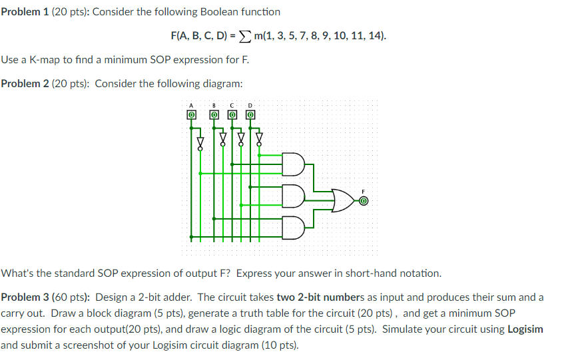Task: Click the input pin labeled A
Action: (191, 114)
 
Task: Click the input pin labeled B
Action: (214, 114)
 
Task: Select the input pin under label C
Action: (232, 114)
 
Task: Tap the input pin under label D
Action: (250, 114)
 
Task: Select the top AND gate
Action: (294, 163)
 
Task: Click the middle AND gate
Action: (294, 195)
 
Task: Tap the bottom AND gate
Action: (294, 227)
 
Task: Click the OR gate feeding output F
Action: (343, 199)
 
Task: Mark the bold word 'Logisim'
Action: (525, 329)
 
